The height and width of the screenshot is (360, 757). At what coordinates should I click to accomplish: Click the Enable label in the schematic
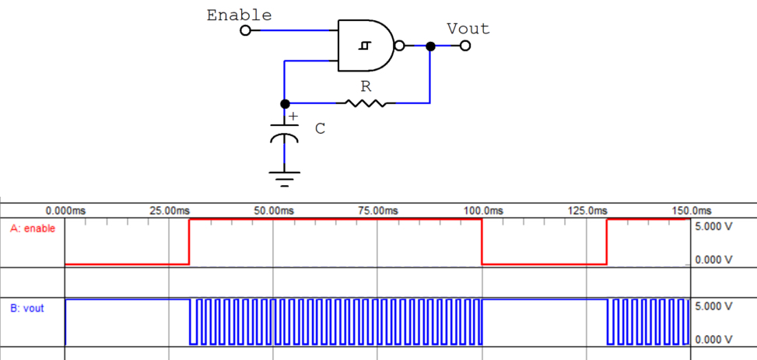[239, 15]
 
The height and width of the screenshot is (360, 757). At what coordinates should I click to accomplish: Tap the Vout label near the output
[468, 29]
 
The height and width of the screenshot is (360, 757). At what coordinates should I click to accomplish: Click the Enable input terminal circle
[246, 31]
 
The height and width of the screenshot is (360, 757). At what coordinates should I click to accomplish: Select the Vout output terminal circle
[465, 46]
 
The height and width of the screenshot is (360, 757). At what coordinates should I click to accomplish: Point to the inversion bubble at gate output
[399, 46]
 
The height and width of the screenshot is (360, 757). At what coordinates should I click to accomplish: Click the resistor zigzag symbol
[365, 103]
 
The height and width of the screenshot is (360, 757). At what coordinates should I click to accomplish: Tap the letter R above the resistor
[365, 86]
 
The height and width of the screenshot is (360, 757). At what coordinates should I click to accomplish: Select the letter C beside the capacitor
[320, 129]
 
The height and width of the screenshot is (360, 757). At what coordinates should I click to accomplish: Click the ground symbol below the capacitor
[285, 180]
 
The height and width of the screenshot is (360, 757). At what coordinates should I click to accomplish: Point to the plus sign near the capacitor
[293, 117]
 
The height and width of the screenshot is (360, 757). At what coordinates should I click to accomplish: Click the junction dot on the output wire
[430, 46]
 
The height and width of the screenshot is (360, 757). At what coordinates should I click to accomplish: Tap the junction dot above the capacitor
[285, 103]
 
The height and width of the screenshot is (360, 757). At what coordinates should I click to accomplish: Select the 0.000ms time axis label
[65, 211]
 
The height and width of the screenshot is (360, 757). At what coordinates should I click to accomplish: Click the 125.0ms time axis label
[587, 211]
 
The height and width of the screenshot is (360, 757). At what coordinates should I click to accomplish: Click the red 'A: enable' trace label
[33, 229]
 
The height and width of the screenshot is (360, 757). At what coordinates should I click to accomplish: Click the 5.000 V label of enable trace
[713, 226]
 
